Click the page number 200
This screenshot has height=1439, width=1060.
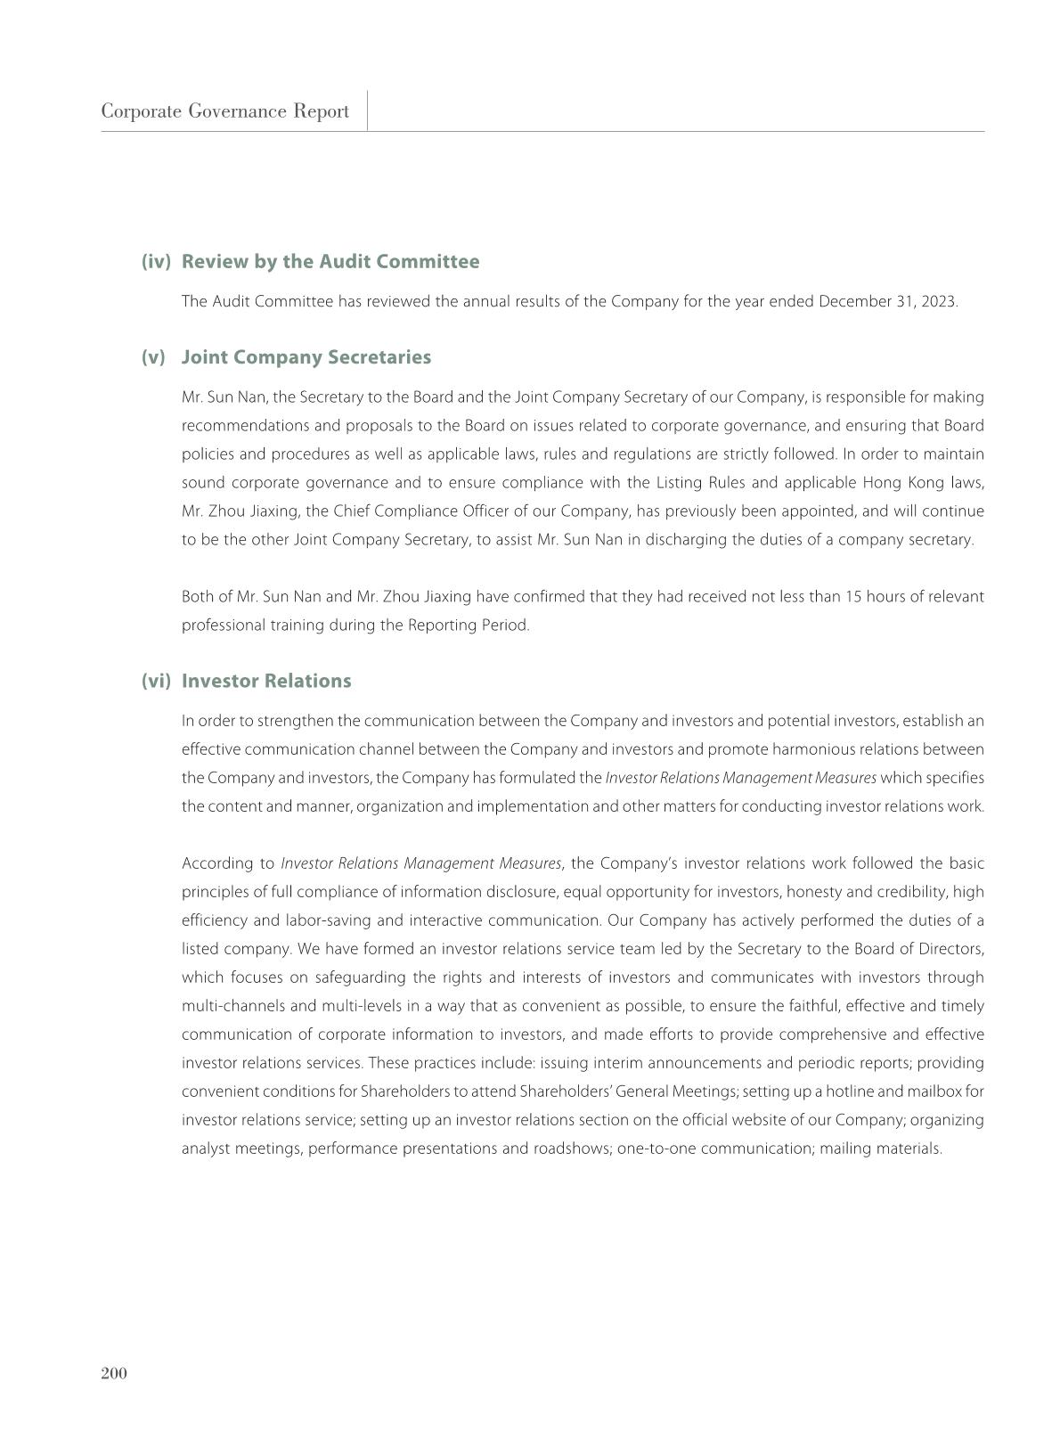(x=114, y=1373)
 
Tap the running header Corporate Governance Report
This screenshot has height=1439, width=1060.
(x=224, y=111)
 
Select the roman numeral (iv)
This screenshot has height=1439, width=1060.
(x=155, y=262)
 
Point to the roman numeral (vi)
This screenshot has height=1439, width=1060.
(x=155, y=681)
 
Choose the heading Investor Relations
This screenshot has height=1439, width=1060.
(x=266, y=681)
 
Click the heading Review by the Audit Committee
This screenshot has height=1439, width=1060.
(x=330, y=262)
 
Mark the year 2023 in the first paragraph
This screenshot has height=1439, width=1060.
(x=940, y=301)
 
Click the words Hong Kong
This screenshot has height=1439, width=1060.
(x=901, y=483)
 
